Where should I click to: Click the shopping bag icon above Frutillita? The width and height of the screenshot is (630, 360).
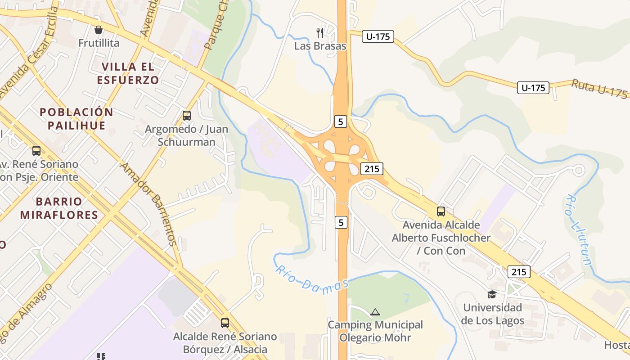tap(99, 30)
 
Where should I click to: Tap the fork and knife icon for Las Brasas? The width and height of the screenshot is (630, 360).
tap(320, 32)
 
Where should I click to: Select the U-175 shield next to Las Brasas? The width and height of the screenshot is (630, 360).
tap(378, 36)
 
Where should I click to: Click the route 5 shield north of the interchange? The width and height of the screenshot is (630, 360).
tap(341, 121)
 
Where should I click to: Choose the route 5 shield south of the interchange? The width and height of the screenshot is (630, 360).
tap(341, 222)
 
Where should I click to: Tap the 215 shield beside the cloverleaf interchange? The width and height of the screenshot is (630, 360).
tap(371, 169)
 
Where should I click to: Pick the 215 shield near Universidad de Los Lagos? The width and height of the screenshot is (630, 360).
tap(519, 272)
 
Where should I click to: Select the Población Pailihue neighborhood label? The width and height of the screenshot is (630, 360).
tap(76, 118)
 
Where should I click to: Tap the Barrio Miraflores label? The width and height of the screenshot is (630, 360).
tap(59, 208)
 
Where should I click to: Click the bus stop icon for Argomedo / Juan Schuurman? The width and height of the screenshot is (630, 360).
tap(187, 116)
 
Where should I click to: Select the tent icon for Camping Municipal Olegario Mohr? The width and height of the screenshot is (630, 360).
tap(375, 311)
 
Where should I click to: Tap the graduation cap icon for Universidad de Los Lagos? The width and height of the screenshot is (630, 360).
tap(492, 294)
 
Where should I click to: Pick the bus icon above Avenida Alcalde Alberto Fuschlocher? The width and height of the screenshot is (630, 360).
tap(441, 211)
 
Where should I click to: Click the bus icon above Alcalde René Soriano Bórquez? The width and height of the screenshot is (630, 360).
tap(225, 323)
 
